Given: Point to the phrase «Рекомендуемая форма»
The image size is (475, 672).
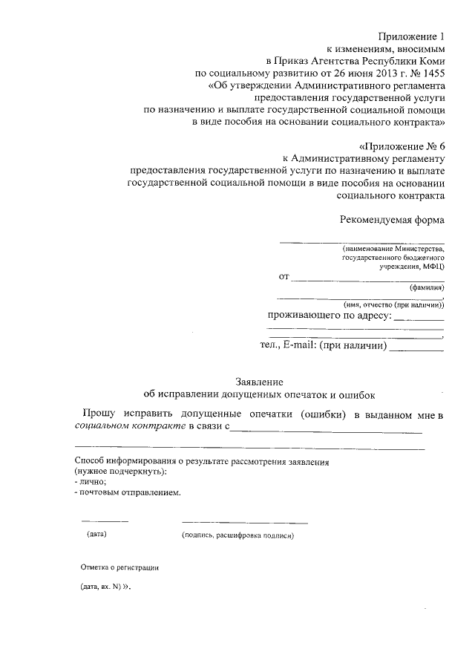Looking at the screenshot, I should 393,220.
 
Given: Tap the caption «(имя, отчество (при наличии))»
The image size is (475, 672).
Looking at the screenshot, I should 393,304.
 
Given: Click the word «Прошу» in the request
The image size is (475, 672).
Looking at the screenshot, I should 98,413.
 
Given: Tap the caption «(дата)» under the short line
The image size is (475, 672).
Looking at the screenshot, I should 97,534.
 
